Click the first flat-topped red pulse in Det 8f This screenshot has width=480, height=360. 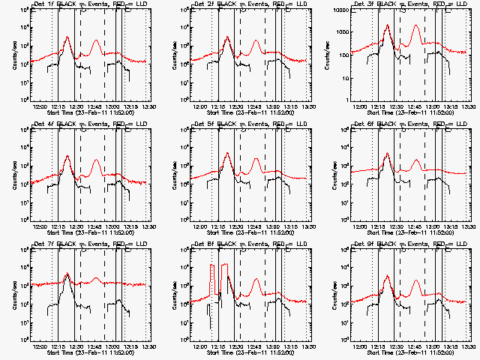pyautogui.click(x=214, y=265)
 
